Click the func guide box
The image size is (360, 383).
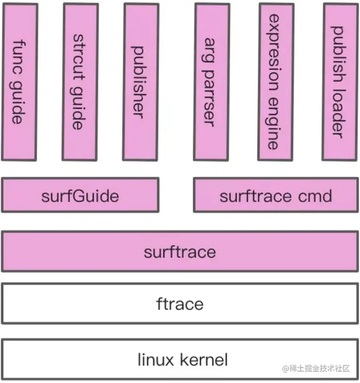[19, 81]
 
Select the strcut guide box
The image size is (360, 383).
[80, 81]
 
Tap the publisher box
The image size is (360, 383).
[140, 81]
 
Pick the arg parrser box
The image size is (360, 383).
[212, 81]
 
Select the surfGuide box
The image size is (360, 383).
[80, 195]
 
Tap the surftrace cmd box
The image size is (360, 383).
[275, 195]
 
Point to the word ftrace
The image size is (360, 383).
[180, 303]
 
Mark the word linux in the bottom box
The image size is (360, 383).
[155, 360]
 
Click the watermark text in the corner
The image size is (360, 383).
[316, 368]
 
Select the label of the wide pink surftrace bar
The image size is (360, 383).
[180, 251]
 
